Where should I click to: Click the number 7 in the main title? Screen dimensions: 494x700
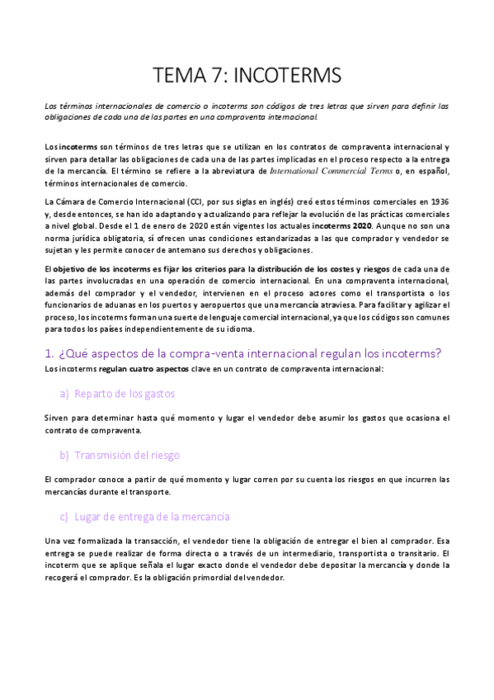coord(217,77)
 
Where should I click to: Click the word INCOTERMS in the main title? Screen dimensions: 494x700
coord(288,77)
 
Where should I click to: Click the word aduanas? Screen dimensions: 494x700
coord(170,305)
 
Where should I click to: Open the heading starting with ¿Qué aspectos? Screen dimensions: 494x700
coord(243,352)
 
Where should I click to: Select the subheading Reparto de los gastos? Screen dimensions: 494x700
coord(124,394)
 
